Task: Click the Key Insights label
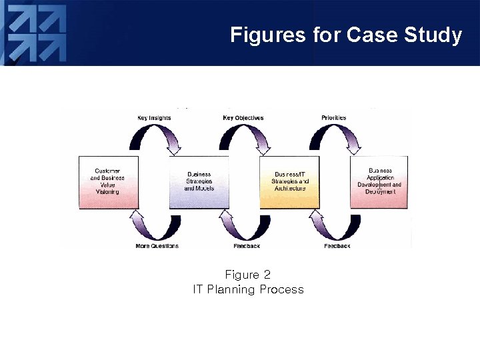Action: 154,118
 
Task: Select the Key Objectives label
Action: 243,118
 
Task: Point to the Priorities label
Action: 334,118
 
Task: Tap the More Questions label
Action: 157,246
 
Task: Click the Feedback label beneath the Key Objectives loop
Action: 247,246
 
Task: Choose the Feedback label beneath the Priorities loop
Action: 337,246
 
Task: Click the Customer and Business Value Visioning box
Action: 108,182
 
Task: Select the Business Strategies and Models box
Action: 199,182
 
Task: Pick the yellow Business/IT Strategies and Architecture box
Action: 289,182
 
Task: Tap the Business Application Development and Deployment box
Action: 379,182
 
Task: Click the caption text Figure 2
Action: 247,275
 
